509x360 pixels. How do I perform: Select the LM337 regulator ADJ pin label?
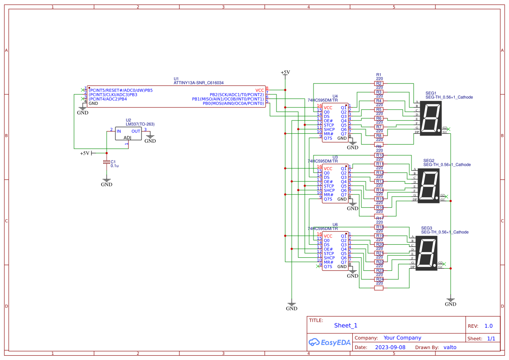[x=128, y=138]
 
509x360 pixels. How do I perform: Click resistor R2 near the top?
[x=379, y=83]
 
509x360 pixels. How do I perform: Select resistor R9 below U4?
[x=379, y=146]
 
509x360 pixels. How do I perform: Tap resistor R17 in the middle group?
[x=379, y=218]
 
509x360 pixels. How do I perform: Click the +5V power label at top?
[x=285, y=72]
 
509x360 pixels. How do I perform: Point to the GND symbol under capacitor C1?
[x=106, y=182]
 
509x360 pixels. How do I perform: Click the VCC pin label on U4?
[x=328, y=108]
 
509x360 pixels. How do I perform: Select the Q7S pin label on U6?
[x=328, y=266]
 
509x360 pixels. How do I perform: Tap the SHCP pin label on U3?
[x=329, y=190]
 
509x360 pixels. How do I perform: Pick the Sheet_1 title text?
[x=346, y=326]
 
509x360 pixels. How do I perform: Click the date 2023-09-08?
[x=390, y=347]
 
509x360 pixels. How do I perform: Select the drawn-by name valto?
[x=450, y=347]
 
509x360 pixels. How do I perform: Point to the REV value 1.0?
[x=488, y=326]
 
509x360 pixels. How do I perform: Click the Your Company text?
[x=402, y=338]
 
